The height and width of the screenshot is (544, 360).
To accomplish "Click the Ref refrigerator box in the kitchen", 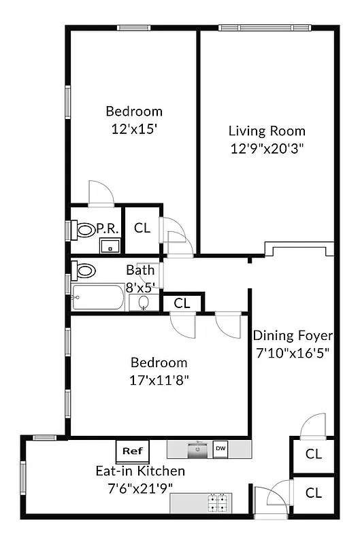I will pos(132,450).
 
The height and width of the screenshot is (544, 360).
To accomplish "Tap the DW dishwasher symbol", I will pos(220,448).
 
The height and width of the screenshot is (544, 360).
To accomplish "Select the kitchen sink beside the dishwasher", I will pos(199,449).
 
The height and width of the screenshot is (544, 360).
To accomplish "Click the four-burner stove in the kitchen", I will pos(218,503).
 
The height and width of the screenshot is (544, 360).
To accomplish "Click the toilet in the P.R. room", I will pos(85,230).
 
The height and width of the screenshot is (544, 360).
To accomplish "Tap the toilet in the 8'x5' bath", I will pos(84,271).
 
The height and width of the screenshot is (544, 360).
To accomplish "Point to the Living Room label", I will pos(267,131).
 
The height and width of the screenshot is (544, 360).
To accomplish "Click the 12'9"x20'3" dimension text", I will pos(267,148).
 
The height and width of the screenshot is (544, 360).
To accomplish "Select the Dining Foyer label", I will pos(293,335).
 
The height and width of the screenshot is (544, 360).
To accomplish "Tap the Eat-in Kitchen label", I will pos(140,471).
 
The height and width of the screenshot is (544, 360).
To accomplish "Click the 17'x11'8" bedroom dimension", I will pos(159,380).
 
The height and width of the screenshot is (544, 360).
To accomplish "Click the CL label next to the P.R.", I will pos(142,228).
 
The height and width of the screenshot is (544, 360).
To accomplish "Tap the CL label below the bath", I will pos(182,303).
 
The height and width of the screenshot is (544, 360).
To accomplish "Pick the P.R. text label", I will pos(109,228).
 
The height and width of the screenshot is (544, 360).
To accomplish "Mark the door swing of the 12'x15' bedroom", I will pos(101,192).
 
